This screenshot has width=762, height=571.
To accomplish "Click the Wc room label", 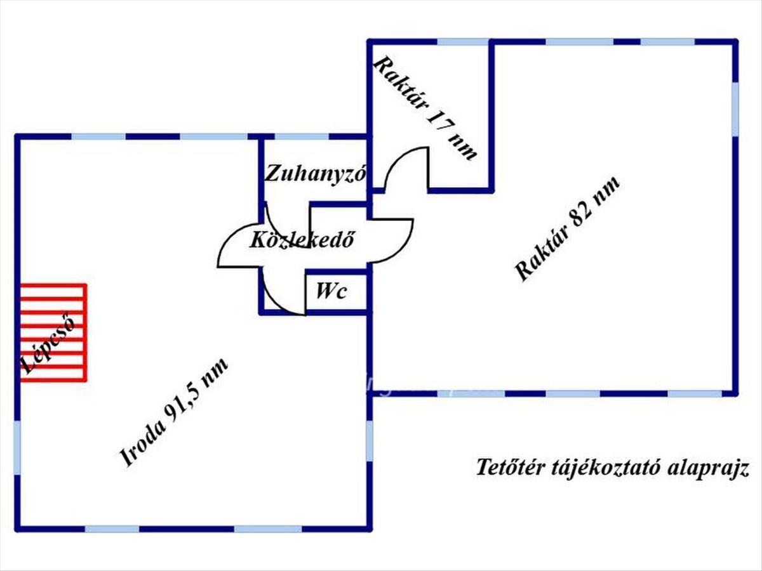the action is (x=331, y=292).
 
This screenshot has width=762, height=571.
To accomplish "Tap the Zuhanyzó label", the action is (x=316, y=173).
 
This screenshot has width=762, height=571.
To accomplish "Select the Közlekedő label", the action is (x=302, y=240).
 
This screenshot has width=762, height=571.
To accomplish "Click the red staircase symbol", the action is (x=53, y=332).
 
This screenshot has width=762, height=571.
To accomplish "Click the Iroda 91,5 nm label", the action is (x=175, y=412).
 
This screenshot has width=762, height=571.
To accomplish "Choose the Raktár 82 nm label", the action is (x=566, y=228).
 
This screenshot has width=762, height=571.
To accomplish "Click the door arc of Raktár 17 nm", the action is (x=406, y=166).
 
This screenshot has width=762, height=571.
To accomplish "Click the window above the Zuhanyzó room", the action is (x=301, y=136).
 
